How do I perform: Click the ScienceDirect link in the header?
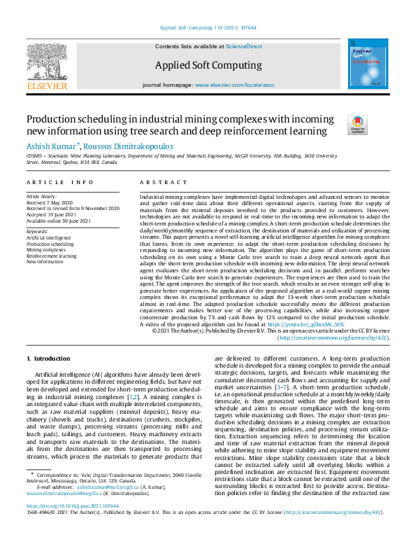point(244,46)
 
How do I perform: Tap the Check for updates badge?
point(357,124)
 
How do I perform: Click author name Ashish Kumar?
point(52,146)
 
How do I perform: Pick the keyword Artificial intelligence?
point(48,238)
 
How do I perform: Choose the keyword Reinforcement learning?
point(51,256)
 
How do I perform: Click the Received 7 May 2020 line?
point(50,203)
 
